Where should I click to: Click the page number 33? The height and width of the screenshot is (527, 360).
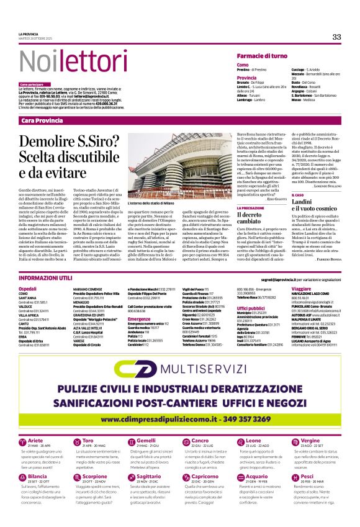(x=336, y=37)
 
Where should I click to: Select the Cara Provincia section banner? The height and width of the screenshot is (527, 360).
(x=42, y=119)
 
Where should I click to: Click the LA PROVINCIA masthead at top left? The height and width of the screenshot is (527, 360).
(x=29, y=34)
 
